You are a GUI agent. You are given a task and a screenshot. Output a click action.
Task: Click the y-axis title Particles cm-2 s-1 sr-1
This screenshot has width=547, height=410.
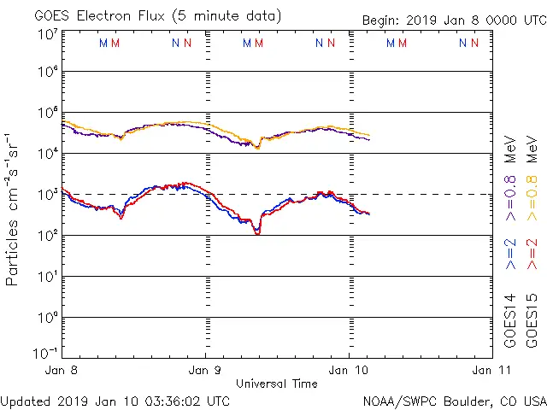pos(15,208)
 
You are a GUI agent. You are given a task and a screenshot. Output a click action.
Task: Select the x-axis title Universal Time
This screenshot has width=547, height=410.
pos(276,384)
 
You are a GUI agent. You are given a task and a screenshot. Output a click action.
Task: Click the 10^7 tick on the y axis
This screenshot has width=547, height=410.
pos(47,34)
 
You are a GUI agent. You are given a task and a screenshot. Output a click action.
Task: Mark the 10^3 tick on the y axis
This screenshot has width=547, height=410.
pos(47,195)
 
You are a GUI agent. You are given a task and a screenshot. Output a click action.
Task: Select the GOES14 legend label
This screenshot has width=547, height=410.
pos(510,320)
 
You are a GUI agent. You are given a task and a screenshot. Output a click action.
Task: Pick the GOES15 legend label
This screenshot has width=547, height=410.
pos(533,320)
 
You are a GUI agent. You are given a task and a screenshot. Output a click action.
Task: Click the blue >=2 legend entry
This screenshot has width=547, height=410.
pos(510,254)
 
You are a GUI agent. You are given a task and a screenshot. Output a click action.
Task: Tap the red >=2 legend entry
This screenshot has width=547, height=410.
pos(533,254)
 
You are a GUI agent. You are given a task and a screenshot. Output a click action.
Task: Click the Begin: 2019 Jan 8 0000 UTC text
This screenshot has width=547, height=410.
pos(453,19)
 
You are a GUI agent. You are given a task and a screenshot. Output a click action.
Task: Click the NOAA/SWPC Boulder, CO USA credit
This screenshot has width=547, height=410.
pos(454,401)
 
